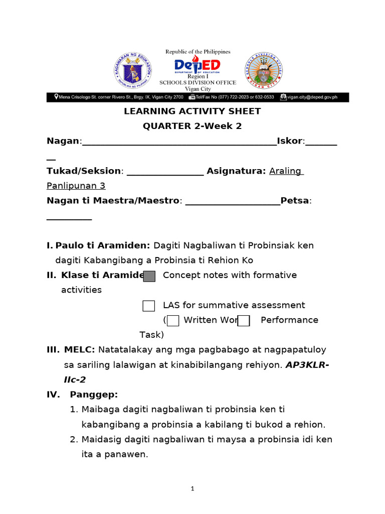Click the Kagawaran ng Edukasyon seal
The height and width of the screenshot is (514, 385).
pos(133,71)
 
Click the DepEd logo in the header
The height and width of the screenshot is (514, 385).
pos(197,66)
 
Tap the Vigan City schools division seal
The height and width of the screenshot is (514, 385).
pos(263,71)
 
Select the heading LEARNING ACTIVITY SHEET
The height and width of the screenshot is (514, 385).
pos(192,111)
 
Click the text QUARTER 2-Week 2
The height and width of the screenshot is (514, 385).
pos(192,126)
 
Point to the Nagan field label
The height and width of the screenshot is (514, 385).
pos(63,141)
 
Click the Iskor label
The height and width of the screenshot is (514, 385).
pos(290,141)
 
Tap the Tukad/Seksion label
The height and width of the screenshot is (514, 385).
pos(84,171)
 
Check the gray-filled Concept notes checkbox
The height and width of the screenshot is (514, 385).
pos(149,276)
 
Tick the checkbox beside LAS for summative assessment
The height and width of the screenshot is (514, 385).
pos(149,306)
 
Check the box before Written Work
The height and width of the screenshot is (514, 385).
pos(173,321)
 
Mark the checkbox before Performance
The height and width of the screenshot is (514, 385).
pos(244,321)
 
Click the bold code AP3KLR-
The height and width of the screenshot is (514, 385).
pos(307,365)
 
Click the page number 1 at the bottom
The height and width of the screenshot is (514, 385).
pos(192,490)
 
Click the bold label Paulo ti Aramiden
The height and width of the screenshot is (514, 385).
pos(103,245)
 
